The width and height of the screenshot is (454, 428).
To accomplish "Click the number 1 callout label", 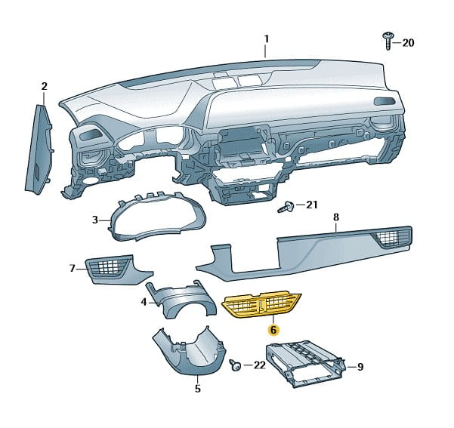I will tap(266, 38).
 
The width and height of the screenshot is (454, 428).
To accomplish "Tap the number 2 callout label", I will tap(44, 86).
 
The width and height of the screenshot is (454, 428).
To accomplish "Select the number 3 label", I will tap(95, 220).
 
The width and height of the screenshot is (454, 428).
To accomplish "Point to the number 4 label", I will tap(143, 302).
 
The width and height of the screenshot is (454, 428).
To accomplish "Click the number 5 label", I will tap(197, 390).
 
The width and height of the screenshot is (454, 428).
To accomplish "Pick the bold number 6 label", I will tap(274, 331).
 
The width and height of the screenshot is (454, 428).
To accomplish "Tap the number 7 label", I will tap(73, 268).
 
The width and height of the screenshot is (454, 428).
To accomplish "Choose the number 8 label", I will tap(335, 217).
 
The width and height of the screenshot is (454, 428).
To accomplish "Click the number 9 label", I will tap(360, 367).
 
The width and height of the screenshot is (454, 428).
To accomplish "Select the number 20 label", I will tap(408, 43).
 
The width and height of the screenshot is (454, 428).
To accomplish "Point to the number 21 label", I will tap(312, 205).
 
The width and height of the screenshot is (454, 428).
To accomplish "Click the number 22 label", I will tap(258, 365).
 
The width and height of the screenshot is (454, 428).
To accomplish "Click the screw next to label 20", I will tap(388, 40).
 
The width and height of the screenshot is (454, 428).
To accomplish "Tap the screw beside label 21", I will tap(287, 206).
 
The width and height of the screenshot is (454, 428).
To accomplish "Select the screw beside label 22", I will tap(236, 365).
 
